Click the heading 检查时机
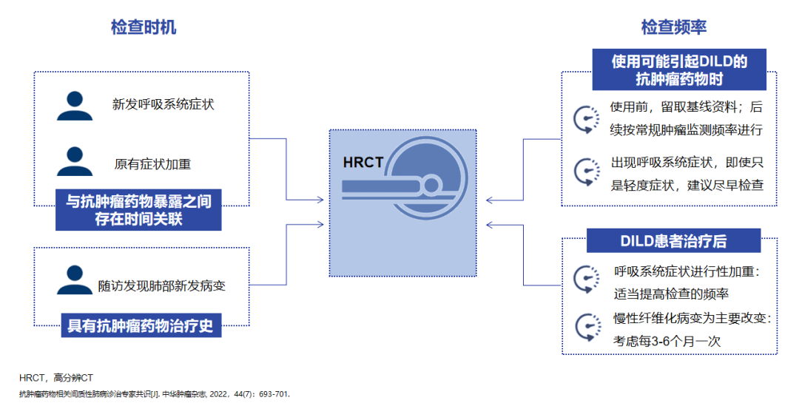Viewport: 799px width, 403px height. [144, 28]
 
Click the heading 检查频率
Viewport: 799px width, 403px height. [674, 28]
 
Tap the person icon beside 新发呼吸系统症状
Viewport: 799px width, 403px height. [75, 106]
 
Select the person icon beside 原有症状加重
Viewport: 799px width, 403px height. [75, 162]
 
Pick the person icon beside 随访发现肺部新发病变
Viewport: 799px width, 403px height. [75, 280]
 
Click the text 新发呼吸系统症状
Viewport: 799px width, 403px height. [163, 105]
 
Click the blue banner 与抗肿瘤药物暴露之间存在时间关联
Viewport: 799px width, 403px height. [138, 210]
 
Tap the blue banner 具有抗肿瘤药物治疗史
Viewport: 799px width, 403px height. [141, 325]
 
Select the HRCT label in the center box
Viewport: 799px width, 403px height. [363, 163]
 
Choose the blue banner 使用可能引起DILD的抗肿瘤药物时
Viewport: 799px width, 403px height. [678, 70]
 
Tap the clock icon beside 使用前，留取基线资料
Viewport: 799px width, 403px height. [586, 118]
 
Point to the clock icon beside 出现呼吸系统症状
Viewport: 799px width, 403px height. [586, 173]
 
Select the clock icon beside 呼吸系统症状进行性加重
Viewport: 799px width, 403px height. [586, 280]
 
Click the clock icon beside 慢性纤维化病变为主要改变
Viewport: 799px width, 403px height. [586, 328]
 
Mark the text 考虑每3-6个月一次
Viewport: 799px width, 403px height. [667, 341]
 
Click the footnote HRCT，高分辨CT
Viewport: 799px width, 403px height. [56, 377]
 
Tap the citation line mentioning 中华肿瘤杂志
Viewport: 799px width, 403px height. [155, 393]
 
